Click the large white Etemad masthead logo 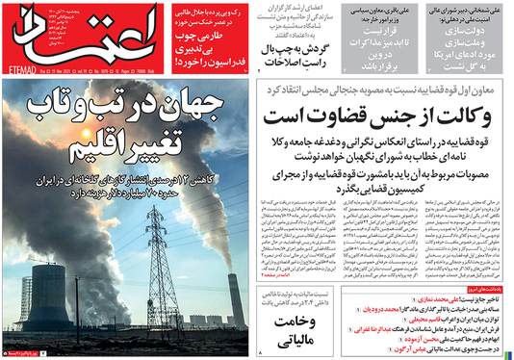48,35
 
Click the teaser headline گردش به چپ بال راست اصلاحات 294,50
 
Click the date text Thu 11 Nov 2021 67,70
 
